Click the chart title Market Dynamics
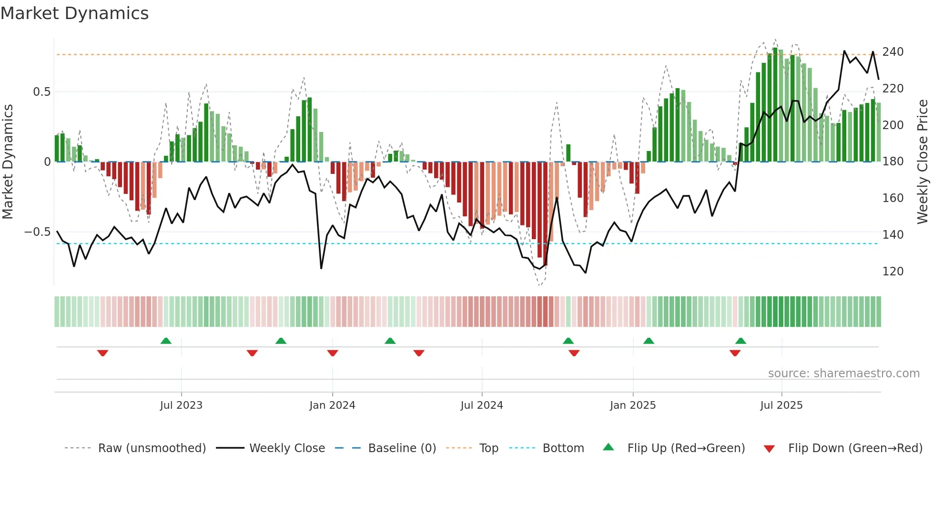pos(74,13)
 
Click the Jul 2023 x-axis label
pos(181,405)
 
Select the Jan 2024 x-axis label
pos(332,405)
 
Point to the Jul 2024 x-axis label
pos(482,405)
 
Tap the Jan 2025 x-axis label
pos(633,405)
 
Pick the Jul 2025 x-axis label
pos(782,405)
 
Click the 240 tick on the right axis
pos(893,51)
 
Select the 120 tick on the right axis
pos(893,271)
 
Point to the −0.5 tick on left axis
pos(37,232)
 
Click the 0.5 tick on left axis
pos(41,91)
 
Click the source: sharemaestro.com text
pos(843,374)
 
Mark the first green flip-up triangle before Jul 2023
pos(166,341)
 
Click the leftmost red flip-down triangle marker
pos(102,353)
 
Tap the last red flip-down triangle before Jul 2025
pos(735,353)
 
